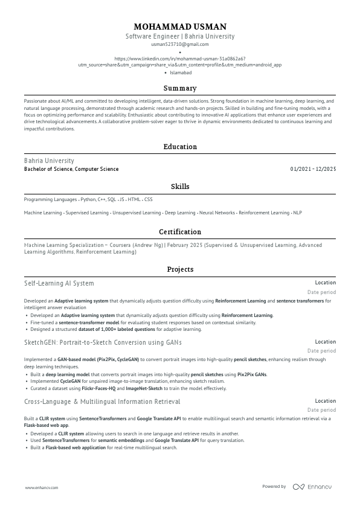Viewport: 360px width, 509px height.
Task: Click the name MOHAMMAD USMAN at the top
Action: point(180,27)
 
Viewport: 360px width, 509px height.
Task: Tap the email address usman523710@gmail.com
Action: point(180,44)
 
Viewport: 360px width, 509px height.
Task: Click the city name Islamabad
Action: point(181,72)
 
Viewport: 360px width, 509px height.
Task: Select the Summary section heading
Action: point(180,88)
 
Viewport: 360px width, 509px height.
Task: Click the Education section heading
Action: point(180,147)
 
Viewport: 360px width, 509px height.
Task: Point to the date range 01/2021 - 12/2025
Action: point(313,169)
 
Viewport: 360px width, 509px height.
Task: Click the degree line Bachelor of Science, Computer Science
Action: point(71,169)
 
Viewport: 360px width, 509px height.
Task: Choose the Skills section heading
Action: point(180,187)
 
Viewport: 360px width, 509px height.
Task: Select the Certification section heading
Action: point(180,232)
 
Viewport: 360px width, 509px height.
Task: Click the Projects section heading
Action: point(180,269)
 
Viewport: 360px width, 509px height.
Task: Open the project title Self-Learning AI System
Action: point(59,283)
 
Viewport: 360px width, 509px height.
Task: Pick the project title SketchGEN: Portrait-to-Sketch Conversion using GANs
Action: point(103,342)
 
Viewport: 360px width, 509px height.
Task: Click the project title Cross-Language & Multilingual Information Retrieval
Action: point(102,402)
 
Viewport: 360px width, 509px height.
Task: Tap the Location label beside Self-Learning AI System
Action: point(325,283)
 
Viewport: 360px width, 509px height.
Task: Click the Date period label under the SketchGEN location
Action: point(321,351)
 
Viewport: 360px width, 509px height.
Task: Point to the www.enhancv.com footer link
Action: point(42,487)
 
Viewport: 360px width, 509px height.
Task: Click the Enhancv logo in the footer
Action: point(312,487)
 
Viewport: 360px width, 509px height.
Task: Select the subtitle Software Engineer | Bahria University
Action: point(180,36)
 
